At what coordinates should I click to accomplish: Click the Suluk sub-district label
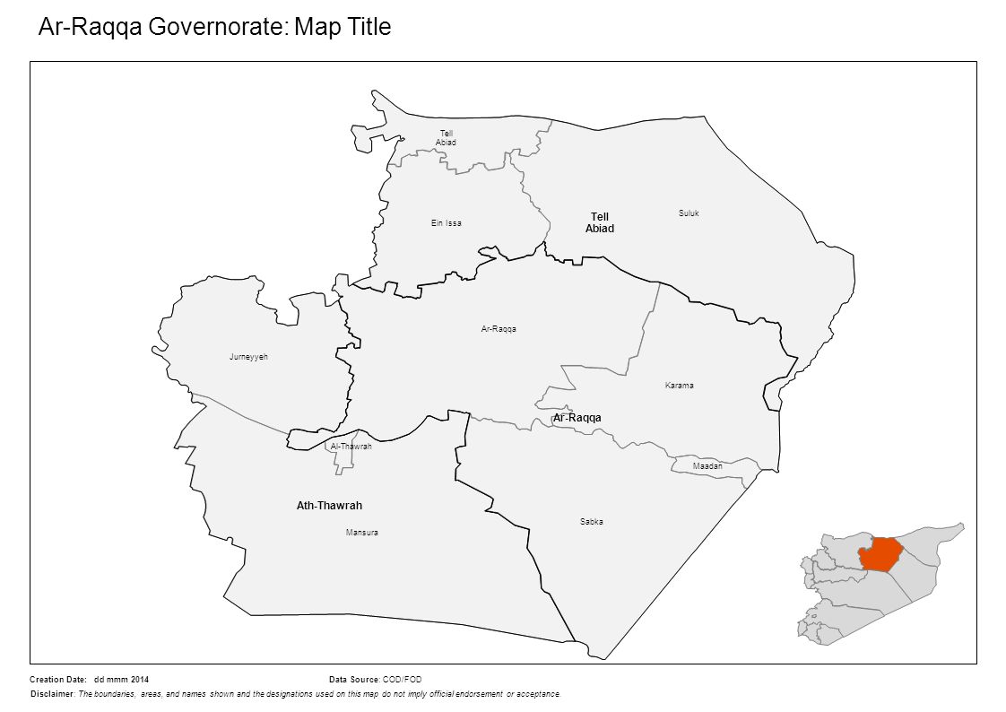689,213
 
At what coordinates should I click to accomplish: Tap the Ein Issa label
446,223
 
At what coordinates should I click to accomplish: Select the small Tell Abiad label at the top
446,138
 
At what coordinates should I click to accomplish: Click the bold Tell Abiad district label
600,222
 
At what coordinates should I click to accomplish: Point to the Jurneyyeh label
248,357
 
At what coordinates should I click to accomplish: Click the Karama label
680,386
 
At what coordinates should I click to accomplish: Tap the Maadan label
707,467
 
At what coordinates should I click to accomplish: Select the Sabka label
591,522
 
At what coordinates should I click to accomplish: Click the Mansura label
361,533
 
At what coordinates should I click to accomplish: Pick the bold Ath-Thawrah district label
329,506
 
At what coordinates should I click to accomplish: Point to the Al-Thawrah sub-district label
351,447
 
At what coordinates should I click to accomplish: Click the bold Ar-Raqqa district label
577,419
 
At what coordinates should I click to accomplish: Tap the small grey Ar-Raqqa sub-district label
499,329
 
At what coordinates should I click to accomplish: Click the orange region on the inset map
879,554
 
